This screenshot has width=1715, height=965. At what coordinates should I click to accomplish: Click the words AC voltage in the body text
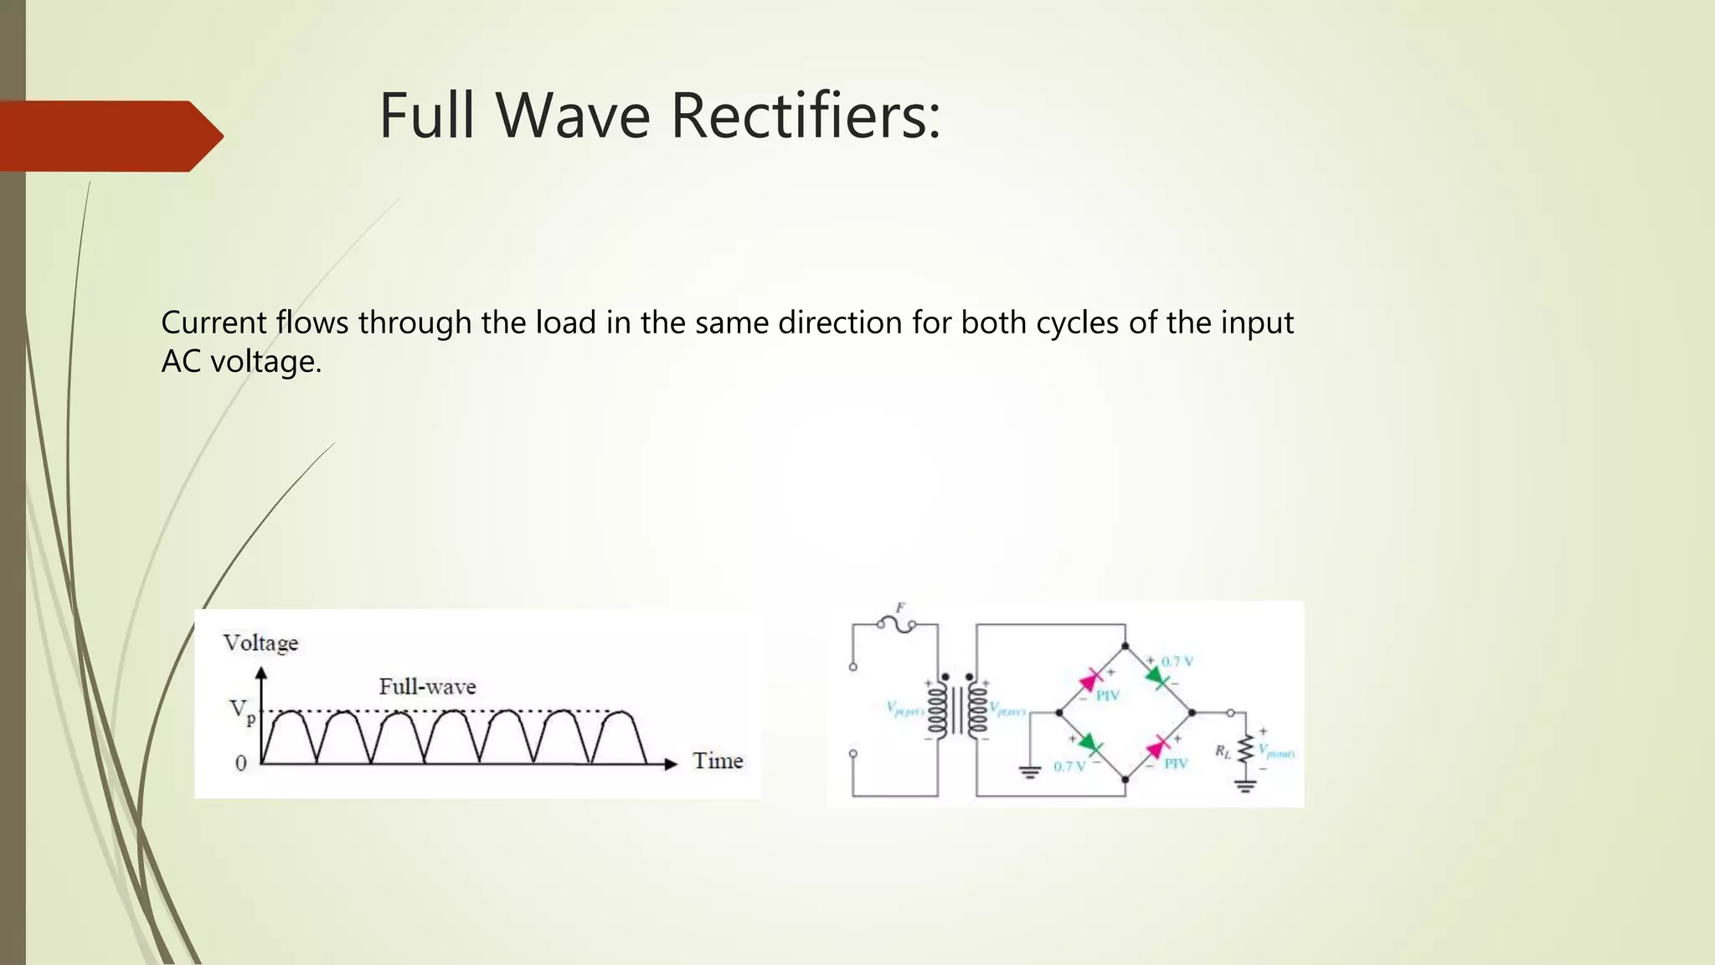241,362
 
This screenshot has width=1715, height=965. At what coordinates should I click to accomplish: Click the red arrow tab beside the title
109,136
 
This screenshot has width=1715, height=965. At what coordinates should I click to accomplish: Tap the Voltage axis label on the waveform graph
260,643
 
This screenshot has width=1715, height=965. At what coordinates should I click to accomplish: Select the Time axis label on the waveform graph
718,761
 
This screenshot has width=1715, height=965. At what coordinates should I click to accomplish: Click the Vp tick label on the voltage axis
241,710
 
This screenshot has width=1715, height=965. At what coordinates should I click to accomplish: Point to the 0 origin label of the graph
241,763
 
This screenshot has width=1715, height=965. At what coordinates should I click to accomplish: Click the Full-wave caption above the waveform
427,687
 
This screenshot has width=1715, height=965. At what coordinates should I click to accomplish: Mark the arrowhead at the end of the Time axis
670,764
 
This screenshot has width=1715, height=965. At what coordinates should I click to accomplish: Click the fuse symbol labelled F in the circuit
897,624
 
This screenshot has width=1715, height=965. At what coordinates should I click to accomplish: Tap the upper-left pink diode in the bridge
1091,679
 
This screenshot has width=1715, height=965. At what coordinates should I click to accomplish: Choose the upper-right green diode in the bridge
1157,677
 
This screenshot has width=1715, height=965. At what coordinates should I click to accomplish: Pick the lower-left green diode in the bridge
1089,743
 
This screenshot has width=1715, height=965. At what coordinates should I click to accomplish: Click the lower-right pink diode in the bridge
1158,746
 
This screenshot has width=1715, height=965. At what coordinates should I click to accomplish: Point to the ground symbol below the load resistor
1246,786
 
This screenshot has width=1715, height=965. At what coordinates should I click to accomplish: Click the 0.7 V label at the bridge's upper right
1177,662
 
